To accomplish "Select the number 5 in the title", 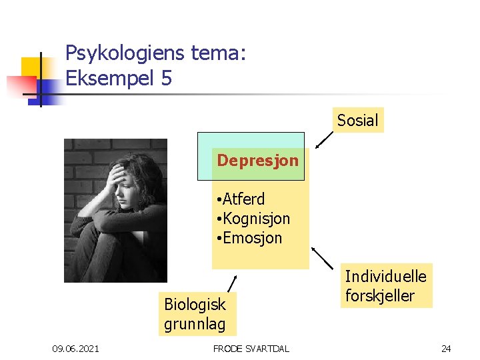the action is pyautogui.click(x=166, y=78).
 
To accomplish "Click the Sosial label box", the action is pyautogui.click(x=357, y=121).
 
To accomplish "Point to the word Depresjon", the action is pyautogui.click(x=257, y=161).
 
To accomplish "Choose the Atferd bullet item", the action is pyautogui.click(x=243, y=199).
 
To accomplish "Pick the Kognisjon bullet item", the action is pyautogui.click(x=257, y=219).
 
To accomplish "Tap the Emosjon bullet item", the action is pyautogui.click(x=253, y=238).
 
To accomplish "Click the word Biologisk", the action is pyautogui.click(x=195, y=305).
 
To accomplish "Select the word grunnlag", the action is pyautogui.click(x=195, y=325).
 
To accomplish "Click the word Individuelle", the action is pyautogui.click(x=385, y=275).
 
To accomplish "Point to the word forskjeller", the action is pyautogui.click(x=379, y=295).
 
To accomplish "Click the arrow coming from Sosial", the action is pyautogui.click(x=325, y=139).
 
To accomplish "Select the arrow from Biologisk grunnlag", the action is pyautogui.click(x=232, y=283).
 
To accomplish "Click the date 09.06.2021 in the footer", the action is pyautogui.click(x=75, y=348).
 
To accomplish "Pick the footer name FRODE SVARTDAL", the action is pyautogui.click(x=251, y=348).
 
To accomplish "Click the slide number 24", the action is pyautogui.click(x=445, y=348).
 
